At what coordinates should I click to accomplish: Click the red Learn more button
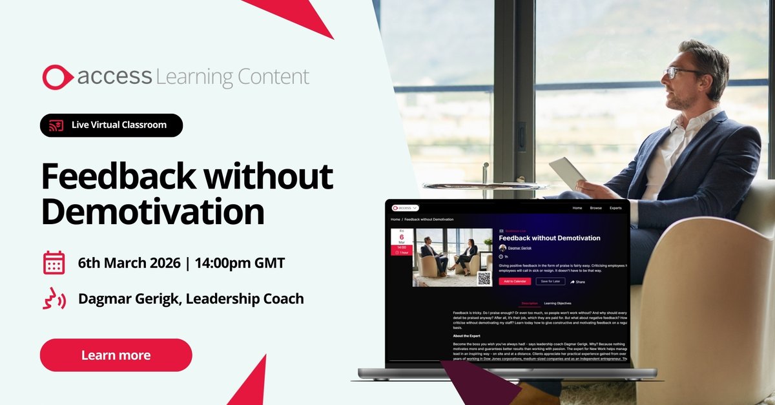(x=116, y=355)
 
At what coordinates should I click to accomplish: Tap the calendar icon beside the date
(x=54, y=263)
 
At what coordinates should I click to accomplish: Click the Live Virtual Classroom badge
(x=111, y=125)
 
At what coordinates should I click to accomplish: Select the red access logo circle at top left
(x=56, y=77)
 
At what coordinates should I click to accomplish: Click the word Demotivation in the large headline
(x=153, y=212)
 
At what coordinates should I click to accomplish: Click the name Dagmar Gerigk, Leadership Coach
(x=191, y=299)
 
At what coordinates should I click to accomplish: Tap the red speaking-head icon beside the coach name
(x=54, y=300)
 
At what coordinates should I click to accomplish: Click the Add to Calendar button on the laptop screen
(x=515, y=282)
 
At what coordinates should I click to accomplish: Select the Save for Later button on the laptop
(x=550, y=282)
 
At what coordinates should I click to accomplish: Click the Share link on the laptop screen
(x=577, y=282)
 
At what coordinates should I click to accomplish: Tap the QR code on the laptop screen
(x=484, y=278)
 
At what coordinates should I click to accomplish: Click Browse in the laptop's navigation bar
(x=595, y=208)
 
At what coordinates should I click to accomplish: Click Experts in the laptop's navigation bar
(x=615, y=208)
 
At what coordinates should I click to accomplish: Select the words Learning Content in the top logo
(x=232, y=78)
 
